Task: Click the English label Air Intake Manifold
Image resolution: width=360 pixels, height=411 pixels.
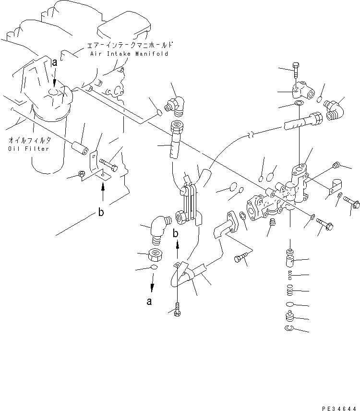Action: pos(129,54)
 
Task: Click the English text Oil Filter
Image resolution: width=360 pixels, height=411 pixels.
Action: pos(23,148)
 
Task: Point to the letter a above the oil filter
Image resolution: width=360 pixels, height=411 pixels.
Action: pos(54,62)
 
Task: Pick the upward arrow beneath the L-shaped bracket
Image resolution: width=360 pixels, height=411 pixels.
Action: pos(102,192)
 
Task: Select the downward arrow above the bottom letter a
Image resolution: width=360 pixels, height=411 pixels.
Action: pos(152,285)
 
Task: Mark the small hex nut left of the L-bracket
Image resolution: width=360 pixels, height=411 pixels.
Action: pos(82,175)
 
